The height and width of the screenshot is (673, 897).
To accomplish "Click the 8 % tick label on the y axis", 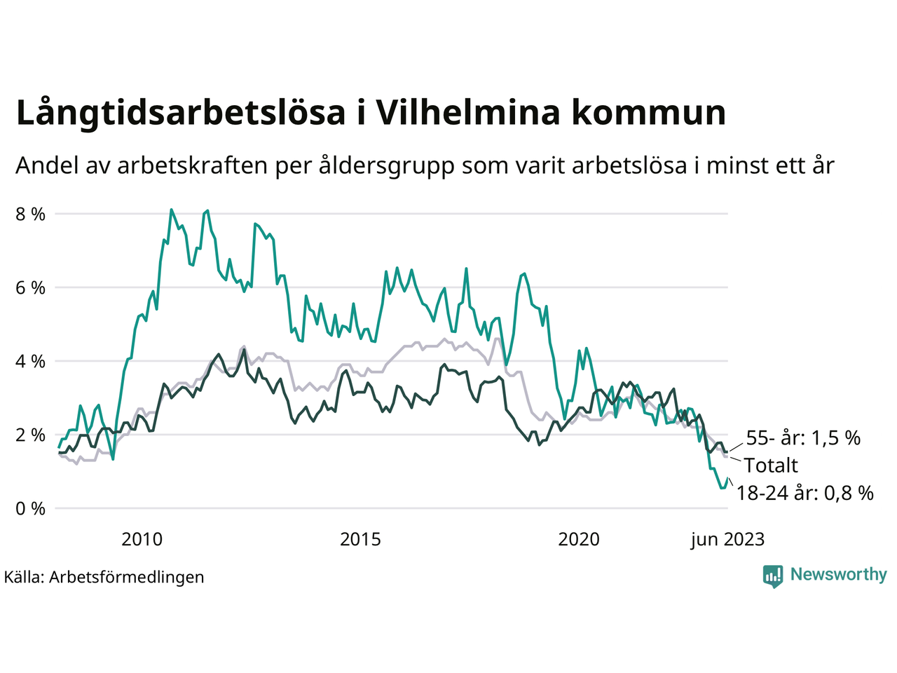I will click(30, 215).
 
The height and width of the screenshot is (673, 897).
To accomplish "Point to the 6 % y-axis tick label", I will click(30, 288).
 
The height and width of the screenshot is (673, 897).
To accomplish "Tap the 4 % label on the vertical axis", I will click(30, 362).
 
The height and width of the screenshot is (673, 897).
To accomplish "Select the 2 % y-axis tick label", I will click(30, 435).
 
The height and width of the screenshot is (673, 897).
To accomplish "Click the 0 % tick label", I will click(30, 509).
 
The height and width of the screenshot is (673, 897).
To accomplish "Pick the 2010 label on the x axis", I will click(142, 539).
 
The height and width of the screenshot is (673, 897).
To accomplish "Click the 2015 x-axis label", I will click(360, 539).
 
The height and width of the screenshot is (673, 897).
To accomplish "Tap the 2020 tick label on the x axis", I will click(579, 539).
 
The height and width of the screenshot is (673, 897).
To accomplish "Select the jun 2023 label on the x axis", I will click(727, 539).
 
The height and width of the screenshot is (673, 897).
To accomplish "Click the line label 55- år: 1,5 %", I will click(803, 438).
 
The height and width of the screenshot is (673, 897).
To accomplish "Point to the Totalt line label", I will click(771, 465).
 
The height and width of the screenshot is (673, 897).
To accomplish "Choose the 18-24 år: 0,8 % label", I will click(805, 493).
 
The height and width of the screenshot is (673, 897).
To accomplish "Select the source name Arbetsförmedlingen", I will click(127, 577).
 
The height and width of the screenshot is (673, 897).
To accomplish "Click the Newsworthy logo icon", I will click(773, 576).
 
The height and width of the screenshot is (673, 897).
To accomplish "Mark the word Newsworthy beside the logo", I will click(838, 574).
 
